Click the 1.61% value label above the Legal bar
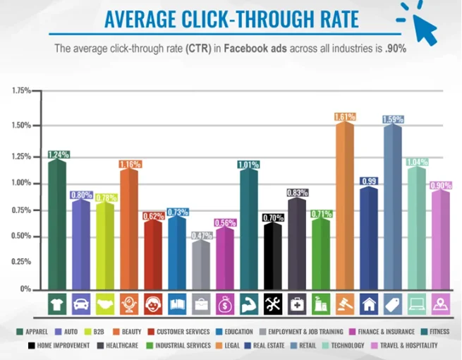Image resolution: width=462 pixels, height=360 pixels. coord(345,116)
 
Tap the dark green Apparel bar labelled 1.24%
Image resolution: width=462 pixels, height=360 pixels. coord(57,226)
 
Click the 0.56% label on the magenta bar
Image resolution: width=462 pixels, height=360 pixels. coord(225,222)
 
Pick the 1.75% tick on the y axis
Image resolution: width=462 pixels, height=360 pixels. coord(21,91)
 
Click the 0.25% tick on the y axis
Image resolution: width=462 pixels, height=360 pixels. coord(21,261)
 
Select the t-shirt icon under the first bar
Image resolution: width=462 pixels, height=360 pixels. coord(57,304)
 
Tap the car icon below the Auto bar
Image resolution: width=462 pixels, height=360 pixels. coord(81,304)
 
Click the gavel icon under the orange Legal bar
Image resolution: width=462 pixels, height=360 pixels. coord(345,304)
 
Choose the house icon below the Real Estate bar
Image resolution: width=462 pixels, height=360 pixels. coord(369,304)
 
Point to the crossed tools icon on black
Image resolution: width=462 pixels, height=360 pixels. coord(273,304)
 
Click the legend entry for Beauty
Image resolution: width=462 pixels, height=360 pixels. coord(128,331)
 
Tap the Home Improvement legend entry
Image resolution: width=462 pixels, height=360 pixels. coord(61,345)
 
